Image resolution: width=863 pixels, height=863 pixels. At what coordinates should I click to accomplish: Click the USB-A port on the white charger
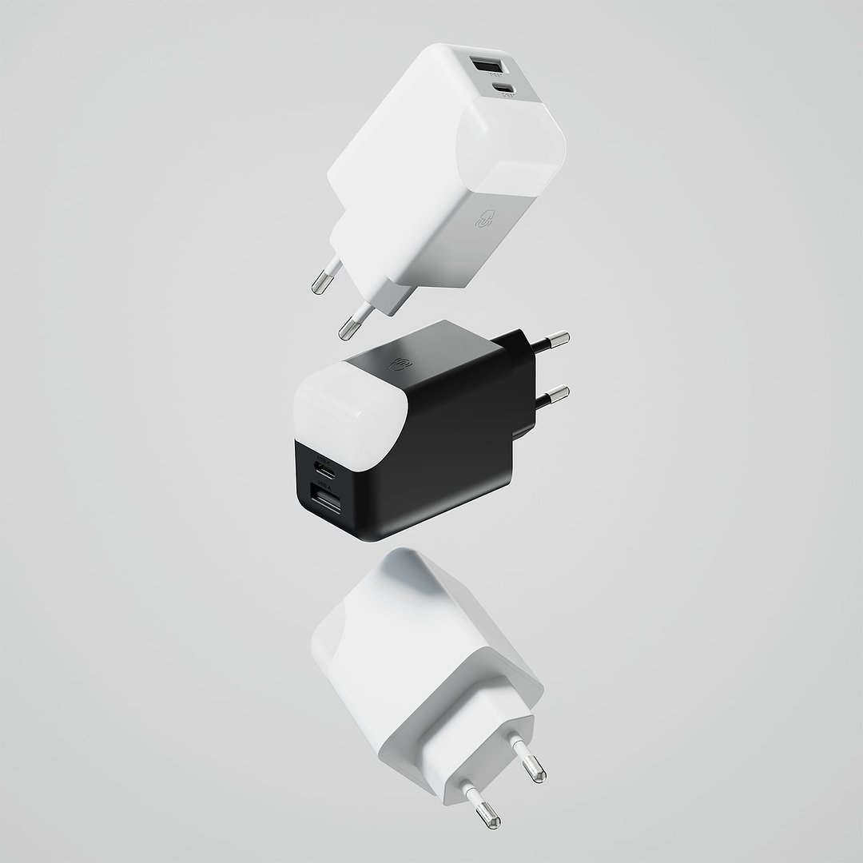tap(483, 65)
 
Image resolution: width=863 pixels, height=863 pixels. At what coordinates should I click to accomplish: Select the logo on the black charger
tap(399, 362)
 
